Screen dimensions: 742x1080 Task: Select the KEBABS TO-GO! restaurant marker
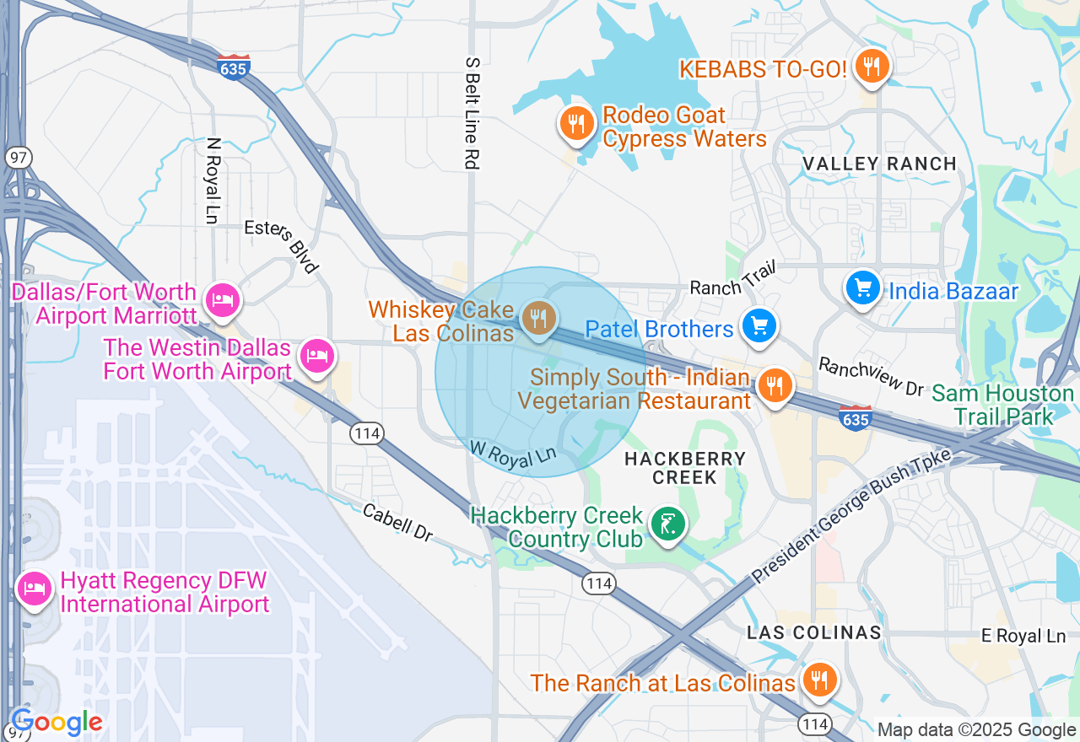[871, 66]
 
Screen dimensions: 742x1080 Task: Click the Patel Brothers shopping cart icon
[758, 325]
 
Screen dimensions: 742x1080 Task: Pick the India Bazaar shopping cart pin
[862, 288]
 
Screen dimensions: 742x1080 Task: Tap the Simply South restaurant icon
[774, 386]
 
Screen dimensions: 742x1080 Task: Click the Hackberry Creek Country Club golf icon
[667, 525]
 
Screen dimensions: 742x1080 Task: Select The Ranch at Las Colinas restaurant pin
[818, 679]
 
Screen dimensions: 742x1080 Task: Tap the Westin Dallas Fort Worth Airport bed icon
[316, 356]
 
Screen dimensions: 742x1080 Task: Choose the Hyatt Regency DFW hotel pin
[35, 589]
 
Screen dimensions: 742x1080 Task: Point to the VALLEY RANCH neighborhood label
[879, 164]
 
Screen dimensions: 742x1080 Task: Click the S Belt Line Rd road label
[472, 113]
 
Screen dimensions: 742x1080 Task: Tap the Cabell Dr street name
[397, 523]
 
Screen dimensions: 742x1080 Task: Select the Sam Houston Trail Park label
[1002, 405]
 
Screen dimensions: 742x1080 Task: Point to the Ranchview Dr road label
[871, 376]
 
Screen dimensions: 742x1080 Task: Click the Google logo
[57, 723]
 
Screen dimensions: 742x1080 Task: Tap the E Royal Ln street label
[1023, 636]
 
